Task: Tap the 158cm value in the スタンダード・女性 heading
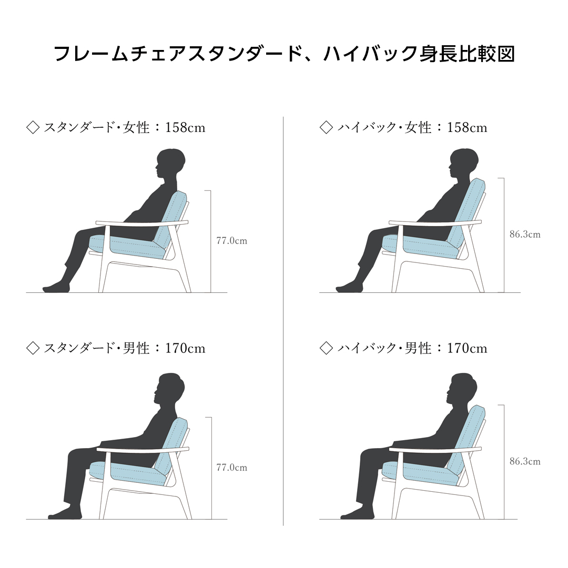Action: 185,128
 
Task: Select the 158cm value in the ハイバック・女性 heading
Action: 467,128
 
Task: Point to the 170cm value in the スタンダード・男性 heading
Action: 185,348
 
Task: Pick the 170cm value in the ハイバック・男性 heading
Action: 467,348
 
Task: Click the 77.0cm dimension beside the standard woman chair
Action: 231,241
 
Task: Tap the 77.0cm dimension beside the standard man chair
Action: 231,468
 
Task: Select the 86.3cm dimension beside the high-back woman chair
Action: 524,235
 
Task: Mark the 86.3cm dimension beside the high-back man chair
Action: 524,462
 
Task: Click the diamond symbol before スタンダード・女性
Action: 33,128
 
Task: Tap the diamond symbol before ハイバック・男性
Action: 327,348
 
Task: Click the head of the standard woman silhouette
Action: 171,164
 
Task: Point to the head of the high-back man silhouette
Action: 463,389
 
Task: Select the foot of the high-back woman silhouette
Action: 347,288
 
